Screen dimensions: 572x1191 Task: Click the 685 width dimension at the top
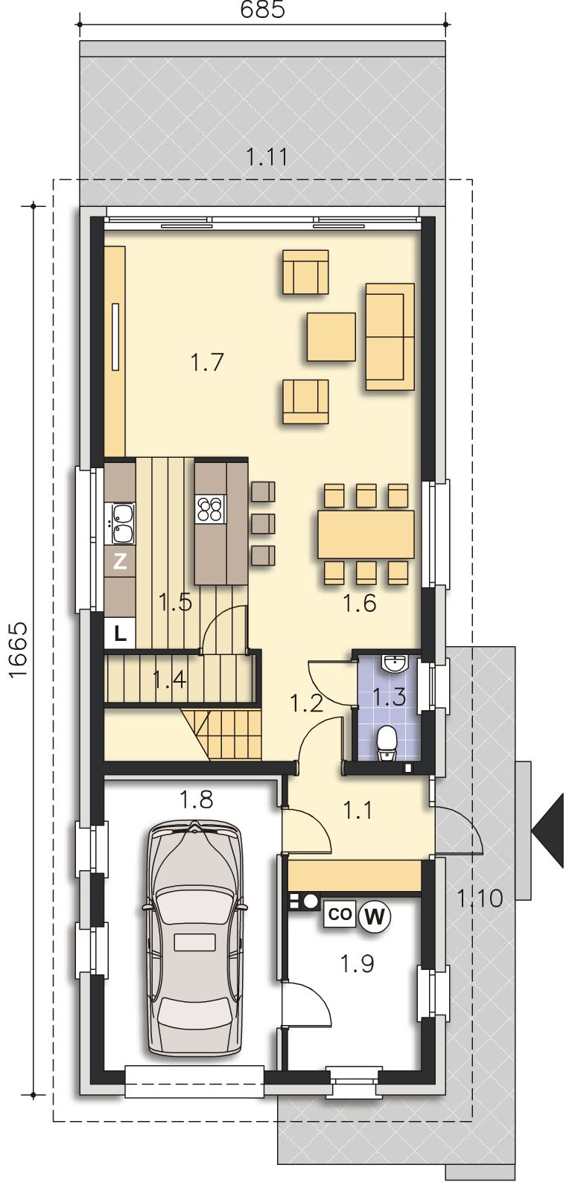[x=262, y=10]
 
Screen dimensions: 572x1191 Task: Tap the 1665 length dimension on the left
[x=18, y=650]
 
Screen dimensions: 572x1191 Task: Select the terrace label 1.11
[x=267, y=157]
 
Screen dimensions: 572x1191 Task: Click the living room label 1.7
[x=206, y=363]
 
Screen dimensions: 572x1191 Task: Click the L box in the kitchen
[x=120, y=633]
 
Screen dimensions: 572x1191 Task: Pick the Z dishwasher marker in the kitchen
[x=120, y=561]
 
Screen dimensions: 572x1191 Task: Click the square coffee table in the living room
[x=331, y=337]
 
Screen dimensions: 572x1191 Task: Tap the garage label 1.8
[x=197, y=799]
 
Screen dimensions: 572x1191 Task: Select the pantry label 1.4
[x=169, y=678]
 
